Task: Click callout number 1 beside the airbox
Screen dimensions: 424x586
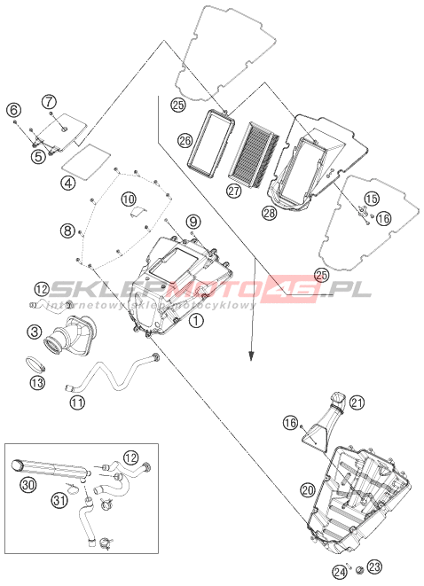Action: click(x=196, y=320)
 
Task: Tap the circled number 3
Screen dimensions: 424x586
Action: click(x=34, y=332)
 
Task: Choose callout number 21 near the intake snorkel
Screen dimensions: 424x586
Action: click(x=357, y=402)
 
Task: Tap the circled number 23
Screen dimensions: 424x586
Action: click(x=374, y=567)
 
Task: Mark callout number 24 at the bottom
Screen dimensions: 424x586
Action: click(x=340, y=572)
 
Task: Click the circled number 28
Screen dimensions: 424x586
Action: click(x=270, y=213)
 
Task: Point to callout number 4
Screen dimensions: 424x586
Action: click(x=68, y=183)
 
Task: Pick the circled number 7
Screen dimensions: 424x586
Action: click(x=49, y=101)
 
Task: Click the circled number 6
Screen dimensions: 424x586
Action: click(x=14, y=110)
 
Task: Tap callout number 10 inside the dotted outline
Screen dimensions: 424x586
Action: click(x=129, y=199)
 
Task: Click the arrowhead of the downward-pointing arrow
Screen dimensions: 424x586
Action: click(x=253, y=356)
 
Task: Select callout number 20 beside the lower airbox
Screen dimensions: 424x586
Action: click(x=308, y=490)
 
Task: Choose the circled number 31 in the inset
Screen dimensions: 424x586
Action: click(x=60, y=500)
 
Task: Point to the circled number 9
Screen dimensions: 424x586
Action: click(x=193, y=222)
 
